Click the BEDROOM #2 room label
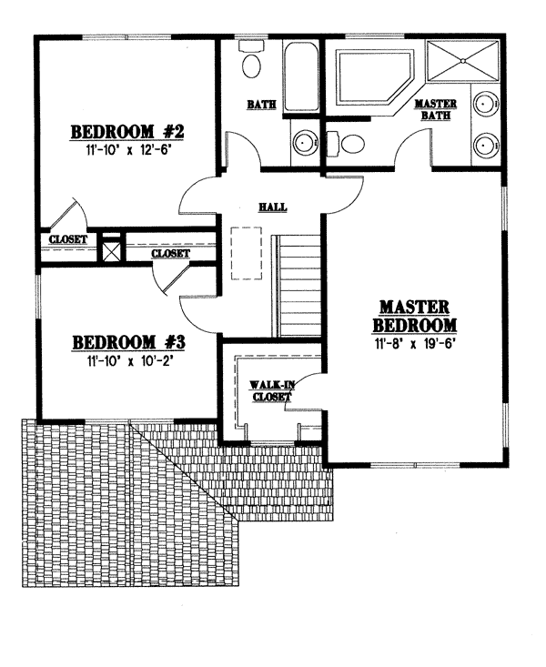point(126,132)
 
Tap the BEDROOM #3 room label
point(128,342)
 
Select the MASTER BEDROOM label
point(414,316)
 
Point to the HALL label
point(273,207)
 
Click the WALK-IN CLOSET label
point(271,391)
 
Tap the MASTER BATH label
point(435,109)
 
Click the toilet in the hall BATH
point(251,59)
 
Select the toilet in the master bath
point(345,144)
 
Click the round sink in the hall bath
point(304,143)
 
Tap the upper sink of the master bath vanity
point(486,104)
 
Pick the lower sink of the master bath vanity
point(486,146)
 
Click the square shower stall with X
point(462,60)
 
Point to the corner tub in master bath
point(375,77)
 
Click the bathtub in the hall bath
point(300,76)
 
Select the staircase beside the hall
point(296,286)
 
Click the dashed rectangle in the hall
point(247,253)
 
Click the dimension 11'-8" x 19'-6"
point(414,344)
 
